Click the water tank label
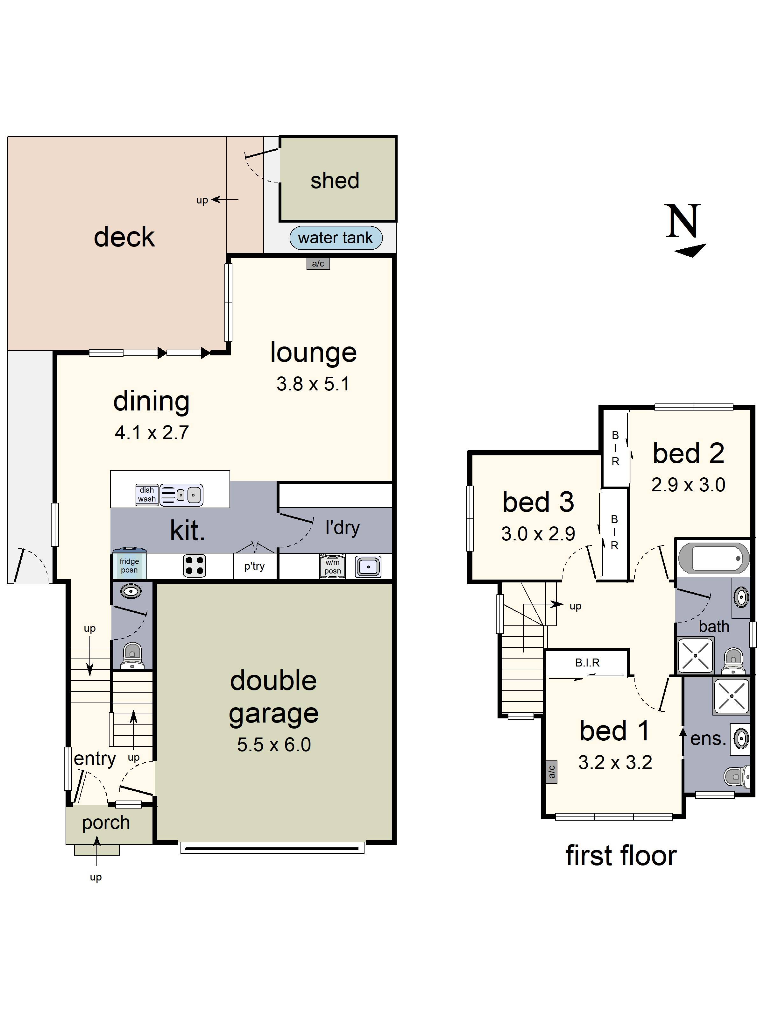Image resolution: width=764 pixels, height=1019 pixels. click(x=335, y=238)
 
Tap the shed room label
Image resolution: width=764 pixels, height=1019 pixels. click(x=335, y=180)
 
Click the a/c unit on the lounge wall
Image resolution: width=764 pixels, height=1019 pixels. click(x=318, y=263)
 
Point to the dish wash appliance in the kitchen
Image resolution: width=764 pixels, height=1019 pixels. click(x=147, y=494)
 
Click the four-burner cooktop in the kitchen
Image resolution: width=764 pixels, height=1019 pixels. click(x=194, y=566)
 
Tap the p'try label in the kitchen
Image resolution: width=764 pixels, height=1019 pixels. click(x=254, y=566)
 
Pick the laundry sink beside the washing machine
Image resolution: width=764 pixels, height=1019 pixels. click(x=368, y=567)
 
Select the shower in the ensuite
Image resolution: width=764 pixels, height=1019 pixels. click(x=731, y=695)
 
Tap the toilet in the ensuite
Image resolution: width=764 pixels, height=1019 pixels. click(x=737, y=776)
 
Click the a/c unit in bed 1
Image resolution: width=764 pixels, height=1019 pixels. click(x=551, y=771)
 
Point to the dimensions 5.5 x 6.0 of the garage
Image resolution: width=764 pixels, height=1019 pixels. click(x=274, y=745)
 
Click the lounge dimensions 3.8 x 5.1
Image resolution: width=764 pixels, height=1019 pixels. click(x=313, y=384)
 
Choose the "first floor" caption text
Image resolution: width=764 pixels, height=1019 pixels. click(x=621, y=855)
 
